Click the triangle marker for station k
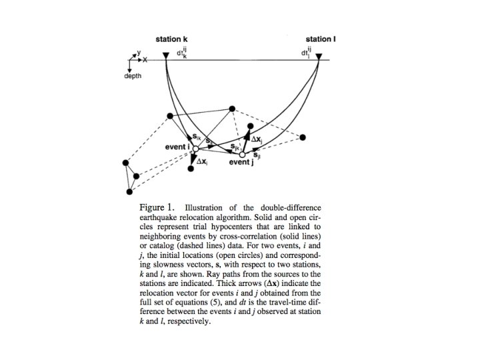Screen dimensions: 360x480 pos(165,63)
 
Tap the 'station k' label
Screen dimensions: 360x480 pos(172,39)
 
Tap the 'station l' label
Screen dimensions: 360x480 pos(321,39)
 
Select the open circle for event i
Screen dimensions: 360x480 pos(196,149)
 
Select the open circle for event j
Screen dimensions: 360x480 pos(243,155)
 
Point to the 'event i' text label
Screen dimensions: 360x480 pos(178,147)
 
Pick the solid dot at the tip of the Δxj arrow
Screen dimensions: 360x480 pos(249,125)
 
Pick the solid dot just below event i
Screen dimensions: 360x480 pos(191,169)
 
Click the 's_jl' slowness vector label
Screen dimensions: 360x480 pos(257,156)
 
